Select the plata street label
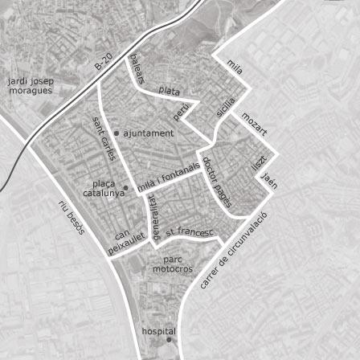coord(170,91)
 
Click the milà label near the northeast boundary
coord(235,65)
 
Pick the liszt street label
coord(258,162)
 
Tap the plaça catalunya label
coord(104,188)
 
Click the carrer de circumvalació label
coord(231,257)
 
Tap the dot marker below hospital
coord(169,341)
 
